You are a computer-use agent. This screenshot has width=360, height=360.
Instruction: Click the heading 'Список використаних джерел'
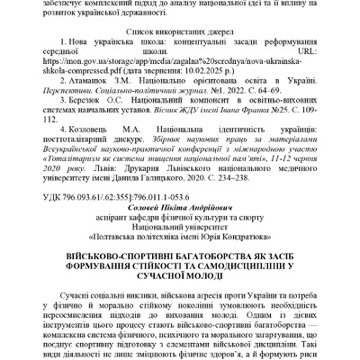point(180,30)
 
